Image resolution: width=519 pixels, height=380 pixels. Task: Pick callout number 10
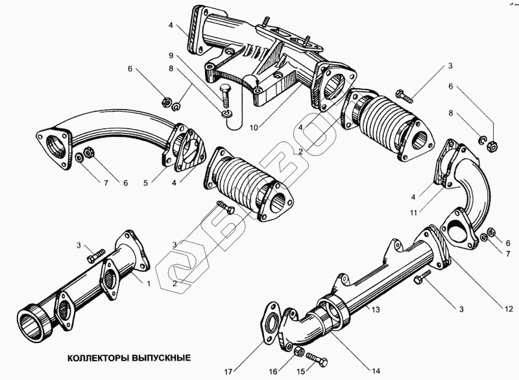254,127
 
